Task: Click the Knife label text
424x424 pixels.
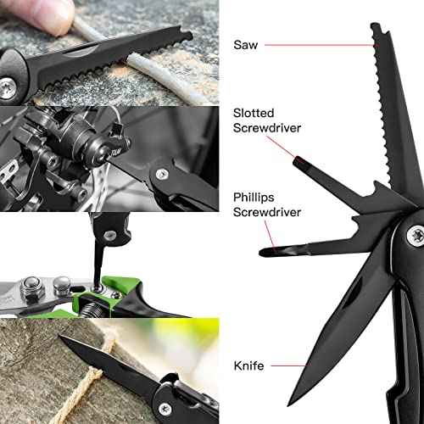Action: [x=249, y=365]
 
